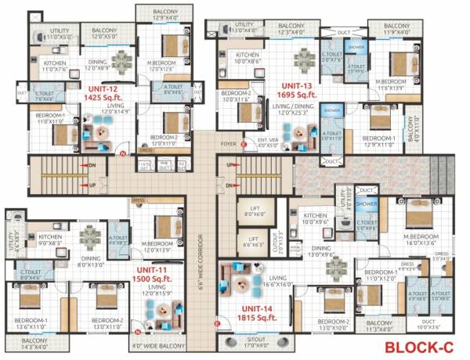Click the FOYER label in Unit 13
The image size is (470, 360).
(228, 144)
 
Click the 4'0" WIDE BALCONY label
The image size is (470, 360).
(160, 344)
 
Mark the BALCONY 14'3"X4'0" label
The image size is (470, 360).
(34, 344)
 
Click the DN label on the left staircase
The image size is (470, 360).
(91, 165)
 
